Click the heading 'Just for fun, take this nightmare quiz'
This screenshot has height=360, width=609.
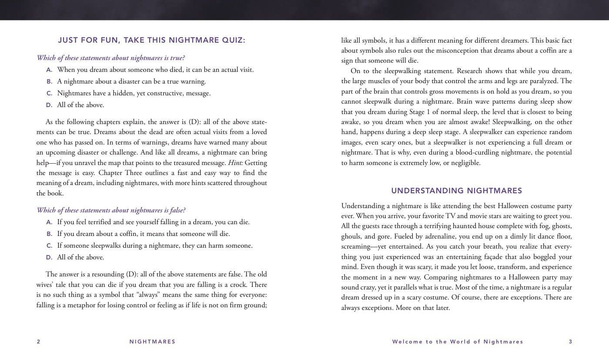click(x=151, y=40)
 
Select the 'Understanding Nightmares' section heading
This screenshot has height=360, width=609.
click(x=456, y=191)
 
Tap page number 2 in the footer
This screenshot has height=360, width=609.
click(x=38, y=342)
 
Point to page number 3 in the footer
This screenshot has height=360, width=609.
click(x=570, y=342)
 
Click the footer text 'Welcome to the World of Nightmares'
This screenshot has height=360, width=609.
click(x=458, y=342)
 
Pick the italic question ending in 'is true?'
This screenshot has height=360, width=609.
click(x=111, y=58)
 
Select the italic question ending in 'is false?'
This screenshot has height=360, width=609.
click(x=111, y=210)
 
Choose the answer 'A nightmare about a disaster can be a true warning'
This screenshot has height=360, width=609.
click(x=131, y=81)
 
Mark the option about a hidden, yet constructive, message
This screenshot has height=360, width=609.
click(x=134, y=93)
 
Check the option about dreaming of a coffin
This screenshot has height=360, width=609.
click(x=143, y=234)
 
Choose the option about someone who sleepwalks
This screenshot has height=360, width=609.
click(x=154, y=246)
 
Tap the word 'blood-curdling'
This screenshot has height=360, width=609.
click(x=476, y=152)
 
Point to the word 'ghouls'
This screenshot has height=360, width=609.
click(x=351, y=236)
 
